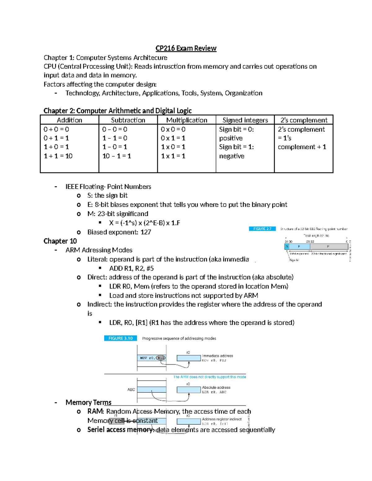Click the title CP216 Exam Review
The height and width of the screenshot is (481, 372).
pos(186,48)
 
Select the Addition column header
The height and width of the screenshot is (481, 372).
pos(69,120)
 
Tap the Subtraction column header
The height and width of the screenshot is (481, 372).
pos(128,120)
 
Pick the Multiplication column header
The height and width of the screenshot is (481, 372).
pos(187,120)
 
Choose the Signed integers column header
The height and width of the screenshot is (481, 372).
pos(245,120)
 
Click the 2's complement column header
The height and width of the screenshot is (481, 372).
pos(304,120)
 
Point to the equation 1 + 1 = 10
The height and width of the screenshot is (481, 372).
pos(58,156)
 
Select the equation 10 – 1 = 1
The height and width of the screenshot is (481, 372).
pos(117,156)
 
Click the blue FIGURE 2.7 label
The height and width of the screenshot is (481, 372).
pos(262,229)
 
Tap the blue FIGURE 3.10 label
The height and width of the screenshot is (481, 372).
pos(120,338)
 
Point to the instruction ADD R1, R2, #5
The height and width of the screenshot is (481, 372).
pos(131,268)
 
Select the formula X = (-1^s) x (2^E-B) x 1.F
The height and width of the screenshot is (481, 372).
pos(144,223)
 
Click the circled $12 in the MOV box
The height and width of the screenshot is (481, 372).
pos(161,358)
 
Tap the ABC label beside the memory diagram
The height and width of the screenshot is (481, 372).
pos(131,390)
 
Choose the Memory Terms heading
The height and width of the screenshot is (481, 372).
pos(88,402)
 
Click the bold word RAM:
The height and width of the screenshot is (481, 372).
pos(95,411)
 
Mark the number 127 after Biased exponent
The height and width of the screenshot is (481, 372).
pos(146,232)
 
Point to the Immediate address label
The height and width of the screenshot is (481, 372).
pos(217,356)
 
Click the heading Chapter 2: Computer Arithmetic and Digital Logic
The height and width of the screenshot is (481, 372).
pos(117,111)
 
